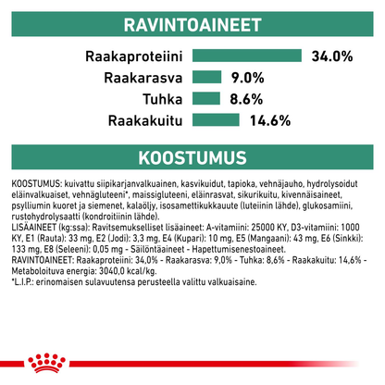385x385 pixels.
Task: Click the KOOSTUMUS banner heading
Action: (x=192, y=153)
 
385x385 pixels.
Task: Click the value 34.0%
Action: (x=332, y=57)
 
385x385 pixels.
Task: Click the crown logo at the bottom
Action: (x=193, y=363)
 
